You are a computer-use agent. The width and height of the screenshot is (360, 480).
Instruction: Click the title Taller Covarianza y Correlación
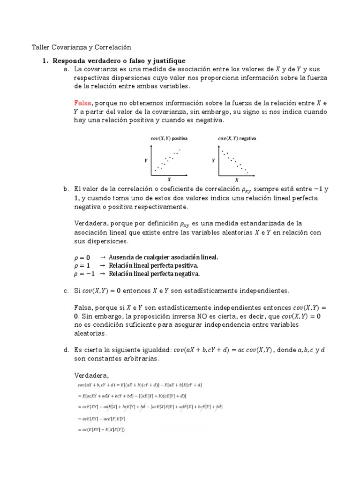click(x=81, y=47)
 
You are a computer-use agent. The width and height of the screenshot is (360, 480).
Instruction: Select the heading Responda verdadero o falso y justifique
click(x=119, y=61)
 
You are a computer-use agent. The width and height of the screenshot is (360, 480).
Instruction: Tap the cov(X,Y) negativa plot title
click(x=237, y=138)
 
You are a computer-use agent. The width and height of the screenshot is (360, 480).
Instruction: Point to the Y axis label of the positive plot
click(x=146, y=160)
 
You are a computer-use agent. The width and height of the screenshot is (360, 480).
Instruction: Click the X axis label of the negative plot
click(x=237, y=180)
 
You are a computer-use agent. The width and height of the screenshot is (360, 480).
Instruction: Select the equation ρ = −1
click(x=84, y=274)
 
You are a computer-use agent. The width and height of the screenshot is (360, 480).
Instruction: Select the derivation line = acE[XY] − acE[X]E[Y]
click(x=102, y=419)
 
